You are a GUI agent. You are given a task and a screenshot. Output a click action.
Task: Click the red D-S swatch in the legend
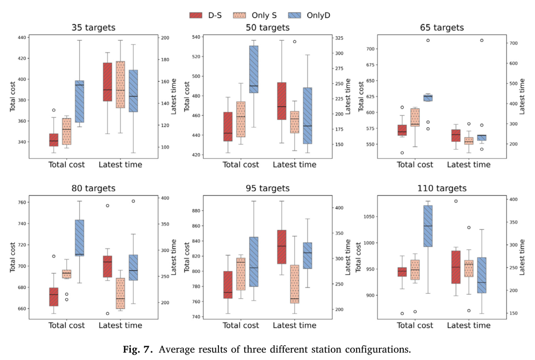pos(196,15)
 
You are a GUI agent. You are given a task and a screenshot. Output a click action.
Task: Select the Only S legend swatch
pos(239,15)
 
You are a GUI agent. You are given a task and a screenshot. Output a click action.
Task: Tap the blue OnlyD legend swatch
pos(294,15)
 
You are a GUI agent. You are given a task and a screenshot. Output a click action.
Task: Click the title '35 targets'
pos(94,28)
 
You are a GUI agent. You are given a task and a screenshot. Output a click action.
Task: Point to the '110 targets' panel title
pos(442,188)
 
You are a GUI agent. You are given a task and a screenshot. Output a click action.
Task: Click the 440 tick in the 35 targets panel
pos(22,38)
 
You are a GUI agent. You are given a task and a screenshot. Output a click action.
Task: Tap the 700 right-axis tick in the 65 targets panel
pos(514,44)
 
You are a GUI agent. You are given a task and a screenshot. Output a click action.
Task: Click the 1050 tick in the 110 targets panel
pos(369,217)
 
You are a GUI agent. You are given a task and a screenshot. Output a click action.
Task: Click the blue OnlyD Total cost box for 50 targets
pos(254,69)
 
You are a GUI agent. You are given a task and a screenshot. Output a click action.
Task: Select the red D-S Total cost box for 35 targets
pos(53,140)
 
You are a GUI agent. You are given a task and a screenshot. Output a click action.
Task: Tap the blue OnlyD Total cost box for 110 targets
pos(428,226)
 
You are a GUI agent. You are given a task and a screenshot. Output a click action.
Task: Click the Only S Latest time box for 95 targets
pos(295,284)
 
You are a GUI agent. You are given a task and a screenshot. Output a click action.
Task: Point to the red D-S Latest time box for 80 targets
pos(107,266)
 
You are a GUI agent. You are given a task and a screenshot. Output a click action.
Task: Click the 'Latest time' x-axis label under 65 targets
pos(469,165)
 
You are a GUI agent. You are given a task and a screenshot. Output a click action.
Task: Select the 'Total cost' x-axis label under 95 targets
pos(241,325)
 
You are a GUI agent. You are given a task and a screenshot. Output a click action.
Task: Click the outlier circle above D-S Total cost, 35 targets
pos(53,110)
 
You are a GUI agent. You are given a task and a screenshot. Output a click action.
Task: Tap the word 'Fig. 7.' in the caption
pos(138,350)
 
